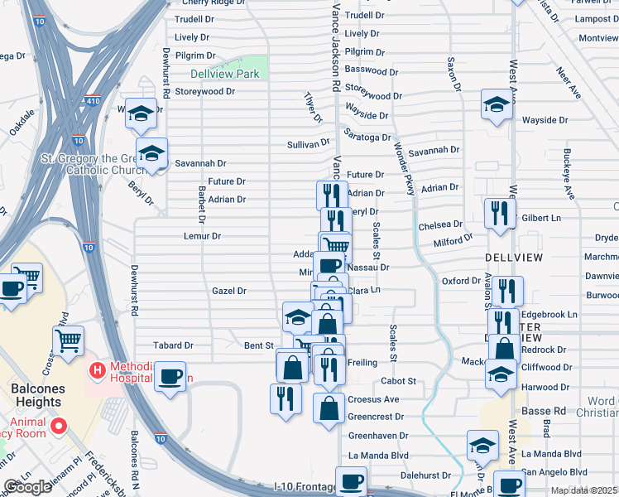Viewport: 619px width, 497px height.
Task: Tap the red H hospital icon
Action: point(97,369)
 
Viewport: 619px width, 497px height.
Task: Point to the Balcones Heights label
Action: point(36,395)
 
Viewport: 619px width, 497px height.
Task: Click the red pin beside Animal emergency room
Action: point(59,427)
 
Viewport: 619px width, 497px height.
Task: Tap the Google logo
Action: point(27,486)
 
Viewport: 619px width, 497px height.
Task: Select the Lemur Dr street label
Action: point(202,236)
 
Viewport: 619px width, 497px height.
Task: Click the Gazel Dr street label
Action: point(229,291)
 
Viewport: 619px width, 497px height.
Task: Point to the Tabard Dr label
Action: point(173,345)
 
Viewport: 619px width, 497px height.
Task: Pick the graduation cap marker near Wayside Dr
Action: point(497,104)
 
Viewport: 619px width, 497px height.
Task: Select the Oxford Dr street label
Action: point(461,281)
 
